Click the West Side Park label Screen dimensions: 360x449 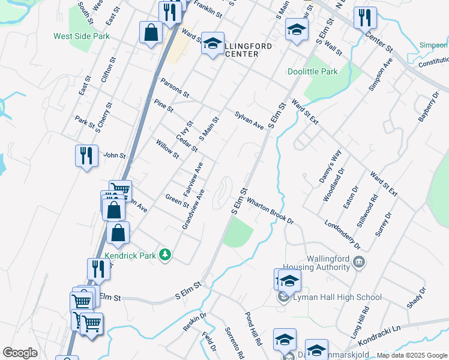[82, 36]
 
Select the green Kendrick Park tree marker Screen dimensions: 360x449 [165, 255]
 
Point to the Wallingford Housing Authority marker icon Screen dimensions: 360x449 [358, 262]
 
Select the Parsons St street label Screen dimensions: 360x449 [175, 88]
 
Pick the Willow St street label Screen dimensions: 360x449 [167, 149]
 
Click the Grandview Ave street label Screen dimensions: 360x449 [193, 209]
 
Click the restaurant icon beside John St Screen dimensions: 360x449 [86, 156]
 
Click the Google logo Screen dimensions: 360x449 [20, 353]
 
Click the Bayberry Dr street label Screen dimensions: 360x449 [427, 107]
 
